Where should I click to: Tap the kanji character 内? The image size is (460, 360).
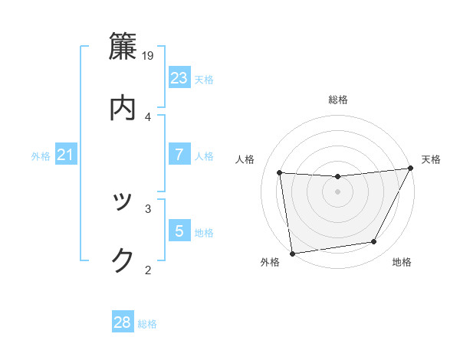(x=123, y=107)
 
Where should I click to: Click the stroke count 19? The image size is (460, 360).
(x=149, y=56)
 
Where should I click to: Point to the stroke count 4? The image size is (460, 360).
(x=148, y=116)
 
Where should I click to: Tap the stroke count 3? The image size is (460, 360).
(x=148, y=208)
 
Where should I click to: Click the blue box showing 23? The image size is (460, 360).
(x=179, y=78)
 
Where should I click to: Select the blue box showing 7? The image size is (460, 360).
(x=179, y=155)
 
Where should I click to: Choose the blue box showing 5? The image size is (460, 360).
(x=179, y=231)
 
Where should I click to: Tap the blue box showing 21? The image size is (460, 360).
(x=66, y=155)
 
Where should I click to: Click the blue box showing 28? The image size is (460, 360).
(x=123, y=322)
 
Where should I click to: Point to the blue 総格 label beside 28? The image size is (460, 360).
(x=148, y=324)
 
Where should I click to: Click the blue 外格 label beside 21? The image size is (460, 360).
(x=41, y=156)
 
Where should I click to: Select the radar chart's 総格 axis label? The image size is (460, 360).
(x=338, y=100)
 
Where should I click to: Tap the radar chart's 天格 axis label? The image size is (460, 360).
(x=431, y=159)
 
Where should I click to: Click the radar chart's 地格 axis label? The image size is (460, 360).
(x=402, y=263)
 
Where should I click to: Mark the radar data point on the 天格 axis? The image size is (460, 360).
(x=410, y=169)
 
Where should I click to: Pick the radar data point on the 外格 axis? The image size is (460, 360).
(x=292, y=253)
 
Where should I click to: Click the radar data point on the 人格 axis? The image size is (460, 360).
(x=279, y=173)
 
